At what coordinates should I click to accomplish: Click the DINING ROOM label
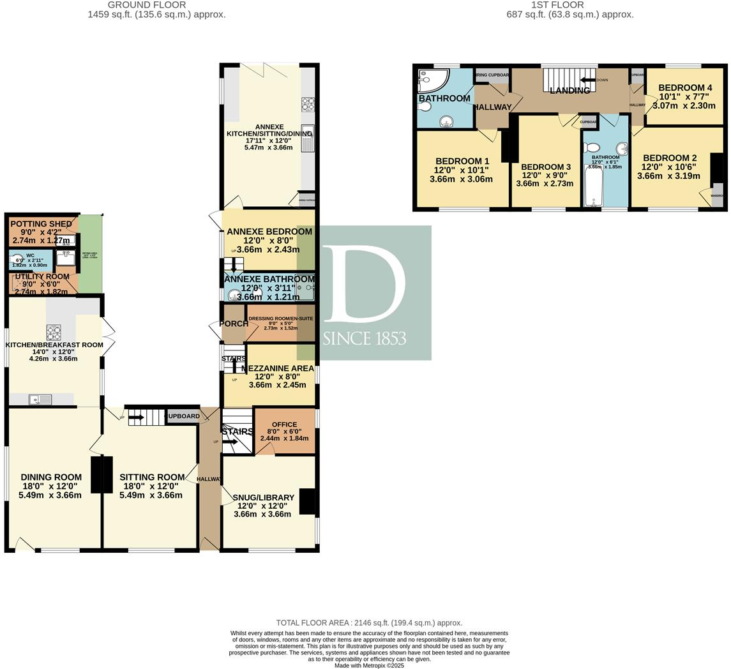pyautogui.click(x=51, y=477)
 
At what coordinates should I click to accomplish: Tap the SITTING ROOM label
pyautogui.click(x=152, y=477)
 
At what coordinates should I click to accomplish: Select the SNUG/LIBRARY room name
pyautogui.click(x=263, y=497)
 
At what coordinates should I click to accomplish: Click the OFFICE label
pyautogui.click(x=284, y=425)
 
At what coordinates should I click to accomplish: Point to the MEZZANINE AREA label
pyautogui.click(x=278, y=368)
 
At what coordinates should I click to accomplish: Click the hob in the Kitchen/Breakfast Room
pyautogui.click(x=54, y=332)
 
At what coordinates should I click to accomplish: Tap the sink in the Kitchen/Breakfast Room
pyautogui.click(x=40, y=400)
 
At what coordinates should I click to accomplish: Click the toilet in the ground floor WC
pyautogui.click(x=18, y=260)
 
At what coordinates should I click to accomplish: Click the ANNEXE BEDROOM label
pyautogui.click(x=269, y=232)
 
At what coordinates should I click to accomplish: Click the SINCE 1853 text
pyautogui.click(x=364, y=338)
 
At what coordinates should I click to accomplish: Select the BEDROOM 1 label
pyautogui.click(x=462, y=161)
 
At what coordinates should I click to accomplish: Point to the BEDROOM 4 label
pyautogui.click(x=685, y=87)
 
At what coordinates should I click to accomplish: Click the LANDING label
pyautogui.click(x=569, y=91)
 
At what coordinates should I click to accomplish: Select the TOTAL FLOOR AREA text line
pyautogui.click(x=369, y=622)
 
